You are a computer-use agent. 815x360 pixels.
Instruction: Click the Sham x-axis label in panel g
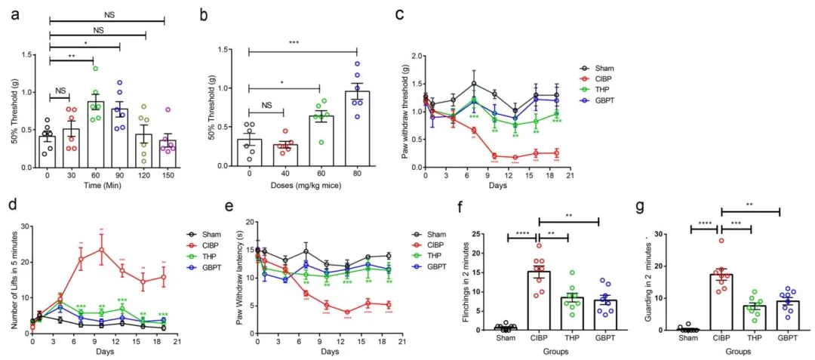click(688, 338)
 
